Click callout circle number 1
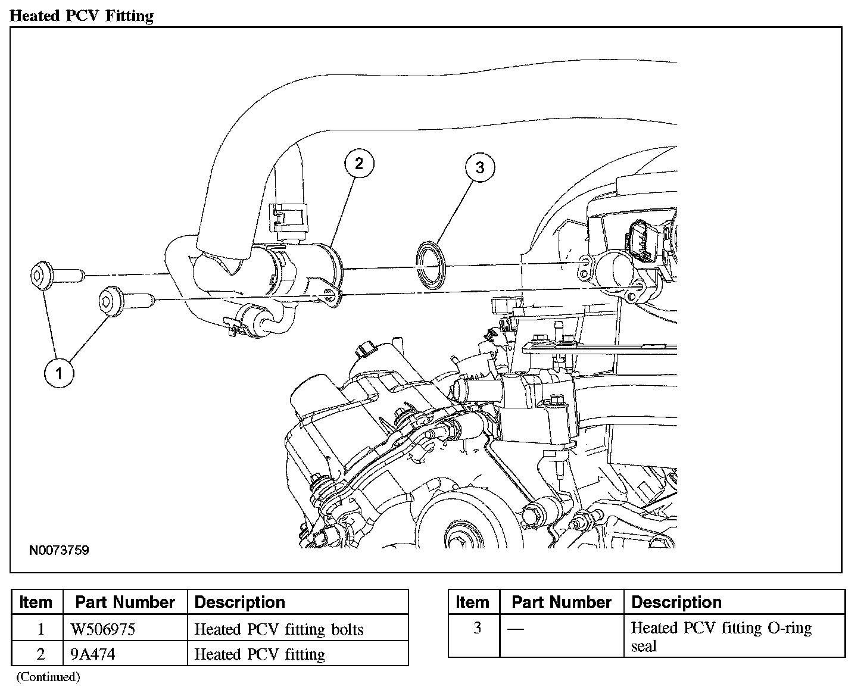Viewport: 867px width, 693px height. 59,373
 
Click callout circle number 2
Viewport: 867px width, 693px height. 360,164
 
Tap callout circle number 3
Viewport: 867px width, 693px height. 480,167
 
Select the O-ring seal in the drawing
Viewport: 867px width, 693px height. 431,266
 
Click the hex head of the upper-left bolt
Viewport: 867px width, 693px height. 42,276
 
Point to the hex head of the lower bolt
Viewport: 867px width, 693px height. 110,301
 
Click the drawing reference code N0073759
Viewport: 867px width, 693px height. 59,550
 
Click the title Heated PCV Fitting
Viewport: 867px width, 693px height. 82,15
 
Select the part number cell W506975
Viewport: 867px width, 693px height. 103,629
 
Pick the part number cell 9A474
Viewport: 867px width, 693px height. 93,654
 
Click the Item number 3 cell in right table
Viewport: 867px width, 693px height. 478,628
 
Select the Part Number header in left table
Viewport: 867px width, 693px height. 125,603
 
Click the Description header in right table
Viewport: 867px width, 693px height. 676,603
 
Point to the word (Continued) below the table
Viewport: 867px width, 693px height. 48,677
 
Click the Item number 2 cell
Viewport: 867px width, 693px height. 40,654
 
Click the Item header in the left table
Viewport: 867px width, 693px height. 36,603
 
